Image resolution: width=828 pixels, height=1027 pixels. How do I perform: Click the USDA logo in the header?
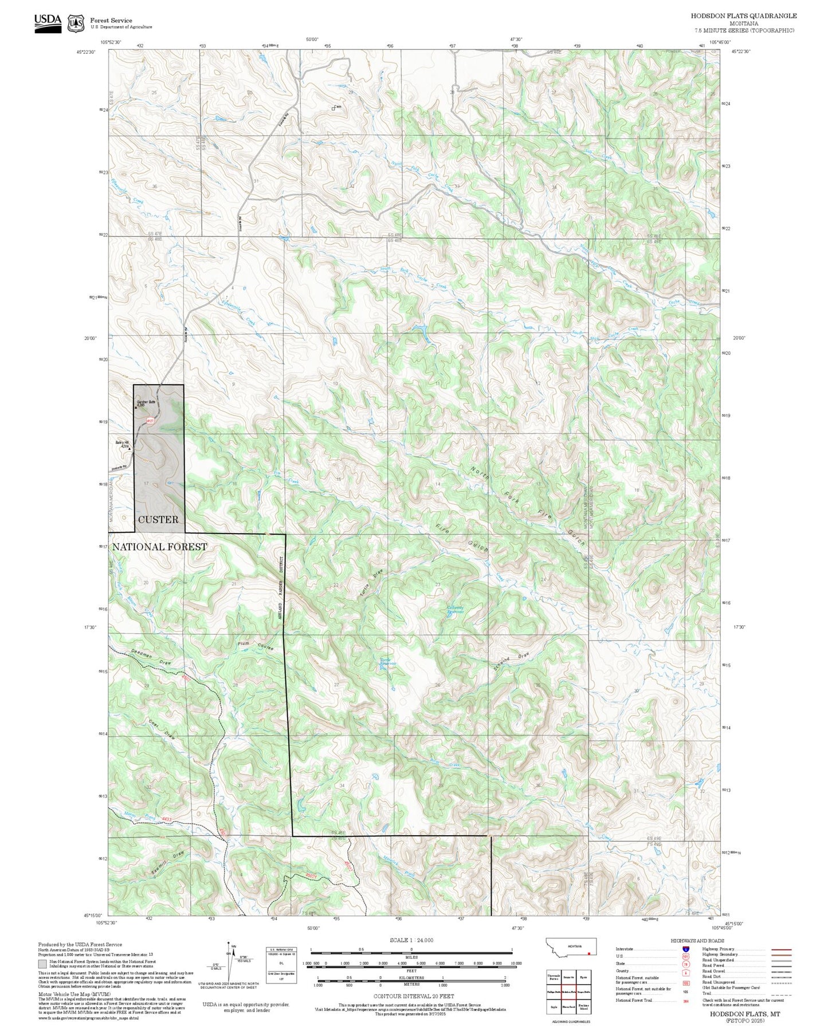click(48, 21)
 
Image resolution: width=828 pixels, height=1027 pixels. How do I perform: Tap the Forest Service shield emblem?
click(76, 23)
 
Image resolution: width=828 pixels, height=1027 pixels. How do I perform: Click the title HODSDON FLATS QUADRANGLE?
click(743, 16)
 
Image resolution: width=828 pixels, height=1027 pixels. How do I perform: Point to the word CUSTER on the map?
click(158, 520)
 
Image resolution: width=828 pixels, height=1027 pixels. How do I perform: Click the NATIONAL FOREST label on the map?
click(160, 547)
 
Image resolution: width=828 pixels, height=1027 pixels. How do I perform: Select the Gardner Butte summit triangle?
click(136, 408)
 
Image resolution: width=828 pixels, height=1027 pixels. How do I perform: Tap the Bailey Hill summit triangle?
click(130, 448)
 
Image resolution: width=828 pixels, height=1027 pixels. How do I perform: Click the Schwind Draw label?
click(511, 662)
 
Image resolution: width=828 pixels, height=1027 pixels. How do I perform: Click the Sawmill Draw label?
click(168, 863)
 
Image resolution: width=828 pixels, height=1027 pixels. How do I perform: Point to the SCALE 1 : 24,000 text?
click(411, 940)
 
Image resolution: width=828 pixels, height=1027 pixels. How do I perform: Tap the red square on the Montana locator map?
click(588, 954)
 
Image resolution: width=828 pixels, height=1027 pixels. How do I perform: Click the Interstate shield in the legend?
click(678, 949)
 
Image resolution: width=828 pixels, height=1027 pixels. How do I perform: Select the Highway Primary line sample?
click(782, 949)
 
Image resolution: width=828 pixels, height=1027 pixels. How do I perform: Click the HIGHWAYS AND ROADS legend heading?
click(697, 941)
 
